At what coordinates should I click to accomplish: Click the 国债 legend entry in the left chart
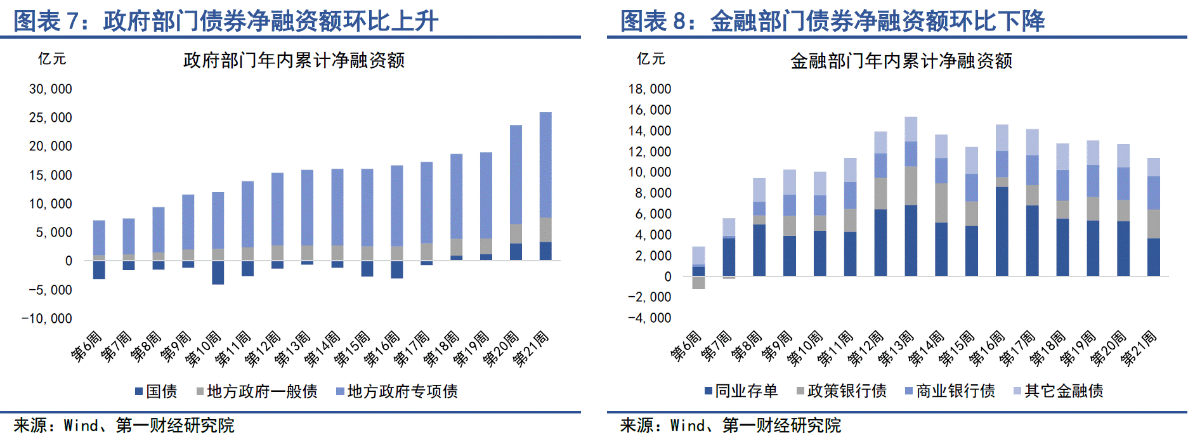(x=156, y=391)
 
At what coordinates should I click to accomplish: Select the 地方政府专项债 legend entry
(x=397, y=391)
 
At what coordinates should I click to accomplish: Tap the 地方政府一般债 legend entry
(x=257, y=391)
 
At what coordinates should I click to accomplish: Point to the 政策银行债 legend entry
(x=842, y=391)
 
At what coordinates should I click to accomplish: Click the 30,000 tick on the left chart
(x=51, y=89)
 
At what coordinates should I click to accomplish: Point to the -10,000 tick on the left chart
(x=47, y=318)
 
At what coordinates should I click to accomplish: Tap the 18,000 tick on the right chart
(x=649, y=89)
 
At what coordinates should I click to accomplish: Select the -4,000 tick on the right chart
(x=649, y=318)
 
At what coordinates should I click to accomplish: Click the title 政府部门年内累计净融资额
(x=294, y=60)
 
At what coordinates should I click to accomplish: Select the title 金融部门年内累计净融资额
(x=901, y=61)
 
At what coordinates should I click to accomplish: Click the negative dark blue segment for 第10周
(x=218, y=272)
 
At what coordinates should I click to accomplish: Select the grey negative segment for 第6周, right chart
(x=698, y=282)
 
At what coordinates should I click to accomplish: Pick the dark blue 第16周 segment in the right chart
(x=1002, y=231)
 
